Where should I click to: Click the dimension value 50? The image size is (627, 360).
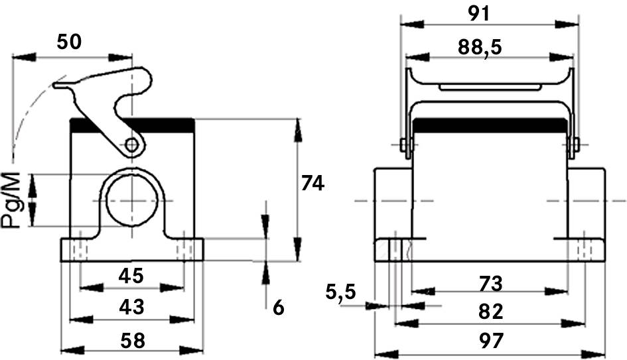coord(69,42)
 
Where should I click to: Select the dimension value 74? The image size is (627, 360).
coord(312,183)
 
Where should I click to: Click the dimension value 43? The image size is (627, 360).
coord(131,307)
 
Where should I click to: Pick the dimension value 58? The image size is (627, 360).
coord(131,339)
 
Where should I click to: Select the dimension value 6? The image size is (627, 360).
coord(279,307)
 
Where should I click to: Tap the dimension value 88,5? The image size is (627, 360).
coord(488,48)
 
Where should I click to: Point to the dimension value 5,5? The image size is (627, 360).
coord(342,292)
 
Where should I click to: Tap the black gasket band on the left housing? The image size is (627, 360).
coord(132,124)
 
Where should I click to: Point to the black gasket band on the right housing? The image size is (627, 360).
coord(489,124)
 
